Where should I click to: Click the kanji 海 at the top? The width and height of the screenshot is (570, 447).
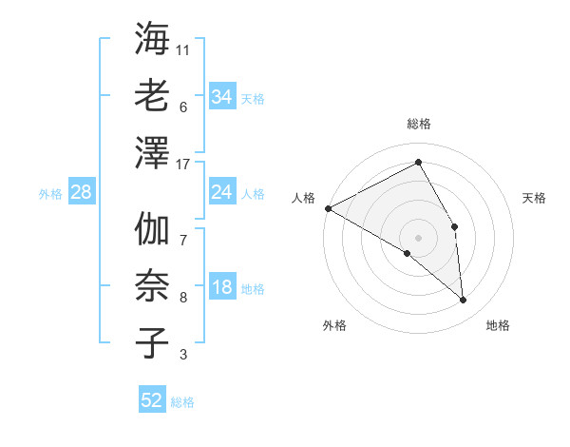point(152,41)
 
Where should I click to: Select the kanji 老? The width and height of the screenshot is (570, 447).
point(152,98)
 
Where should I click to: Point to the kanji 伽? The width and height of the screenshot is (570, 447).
point(152,229)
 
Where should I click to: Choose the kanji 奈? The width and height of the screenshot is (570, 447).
point(152,286)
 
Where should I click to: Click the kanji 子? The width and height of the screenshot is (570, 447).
point(152,343)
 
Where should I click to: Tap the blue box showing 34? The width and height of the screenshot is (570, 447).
point(221,96)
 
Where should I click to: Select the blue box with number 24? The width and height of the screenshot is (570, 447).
point(221,193)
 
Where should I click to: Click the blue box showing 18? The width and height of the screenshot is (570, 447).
point(221,288)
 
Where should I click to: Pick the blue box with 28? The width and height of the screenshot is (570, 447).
point(82,193)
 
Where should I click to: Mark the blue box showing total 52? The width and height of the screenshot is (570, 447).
point(152,400)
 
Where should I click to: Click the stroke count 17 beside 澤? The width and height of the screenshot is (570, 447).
point(184,165)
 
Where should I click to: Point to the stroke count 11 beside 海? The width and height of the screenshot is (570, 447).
point(184,49)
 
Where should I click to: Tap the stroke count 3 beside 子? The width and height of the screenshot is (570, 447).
point(183,355)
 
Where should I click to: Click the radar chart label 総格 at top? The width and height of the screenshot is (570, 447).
point(419,124)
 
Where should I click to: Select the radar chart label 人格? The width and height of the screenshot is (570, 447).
point(304,198)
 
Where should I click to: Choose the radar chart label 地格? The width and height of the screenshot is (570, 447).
point(498,325)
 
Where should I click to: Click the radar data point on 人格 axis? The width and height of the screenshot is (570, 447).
point(328,208)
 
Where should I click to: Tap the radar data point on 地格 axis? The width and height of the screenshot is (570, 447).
point(464,301)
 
